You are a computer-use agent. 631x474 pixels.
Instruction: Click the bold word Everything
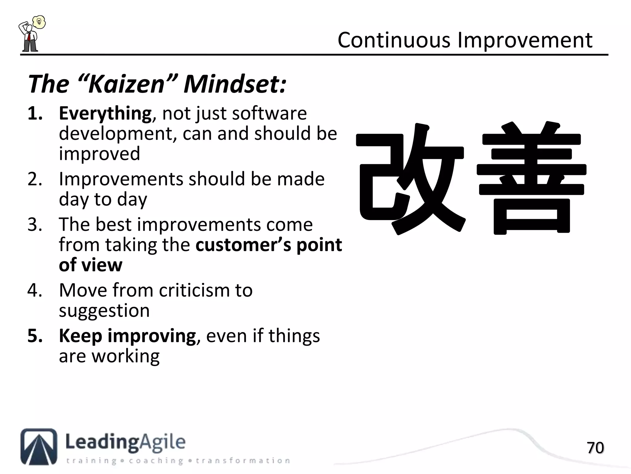[x=105, y=113]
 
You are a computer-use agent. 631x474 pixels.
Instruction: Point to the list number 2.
[x=34, y=179]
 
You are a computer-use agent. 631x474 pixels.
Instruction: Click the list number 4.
[x=34, y=290]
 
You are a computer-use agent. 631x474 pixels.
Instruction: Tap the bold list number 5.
[x=34, y=336]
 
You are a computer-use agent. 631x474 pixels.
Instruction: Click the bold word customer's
[x=243, y=245]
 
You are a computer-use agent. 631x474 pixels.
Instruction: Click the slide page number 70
[x=595, y=448]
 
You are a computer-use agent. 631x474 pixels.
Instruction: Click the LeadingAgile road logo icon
[x=39, y=446]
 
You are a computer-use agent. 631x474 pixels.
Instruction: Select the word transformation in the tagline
[x=243, y=461]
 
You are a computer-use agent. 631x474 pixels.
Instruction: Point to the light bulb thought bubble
[x=39, y=22]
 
